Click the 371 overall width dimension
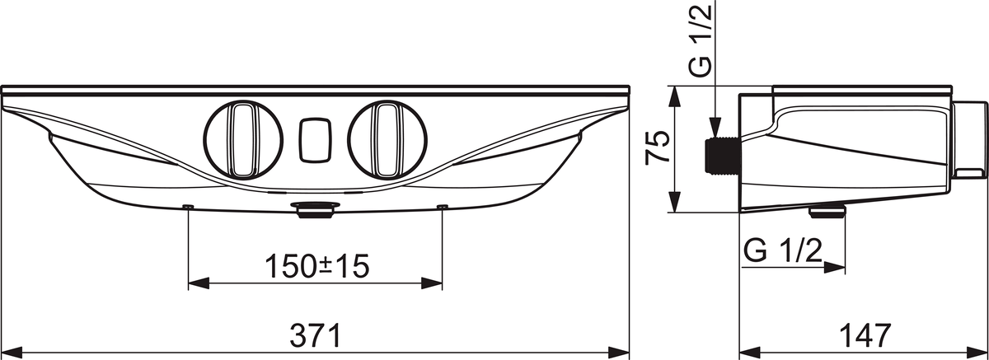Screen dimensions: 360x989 pyautogui.click(x=316, y=334)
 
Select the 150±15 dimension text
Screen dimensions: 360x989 pyautogui.click(x=316, y=265)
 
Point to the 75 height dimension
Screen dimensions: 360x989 pyautogui.click(x=657, y=150)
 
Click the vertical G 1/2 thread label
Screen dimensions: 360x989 pyautogui.click(x=699, y=43)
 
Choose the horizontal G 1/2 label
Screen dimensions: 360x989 pyautogui.click(x=783, y=249)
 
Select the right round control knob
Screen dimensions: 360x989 pyautogui.click(x=384, y=140)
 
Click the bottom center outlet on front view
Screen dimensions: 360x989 pyautogui.click(x=314, y=211)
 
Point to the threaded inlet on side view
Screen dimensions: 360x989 pyautogui.click(x=721, y=157)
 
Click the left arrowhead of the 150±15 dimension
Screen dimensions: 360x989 pyautogui.click(x=197, y=283)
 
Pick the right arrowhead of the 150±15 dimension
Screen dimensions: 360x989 pyautogui.click(x=435, y=283)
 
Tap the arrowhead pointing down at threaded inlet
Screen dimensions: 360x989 pyautogui.click(x=717, y=129)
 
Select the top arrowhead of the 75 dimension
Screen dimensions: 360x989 pyautogui.click(x=675, y=91)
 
